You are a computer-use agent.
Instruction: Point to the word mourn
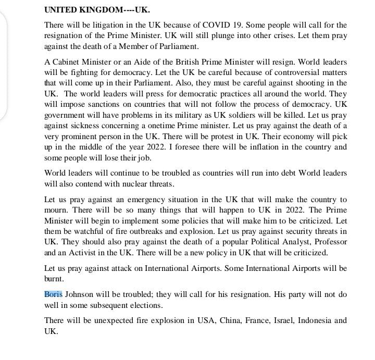pyautogui.click(x=57, y=210)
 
